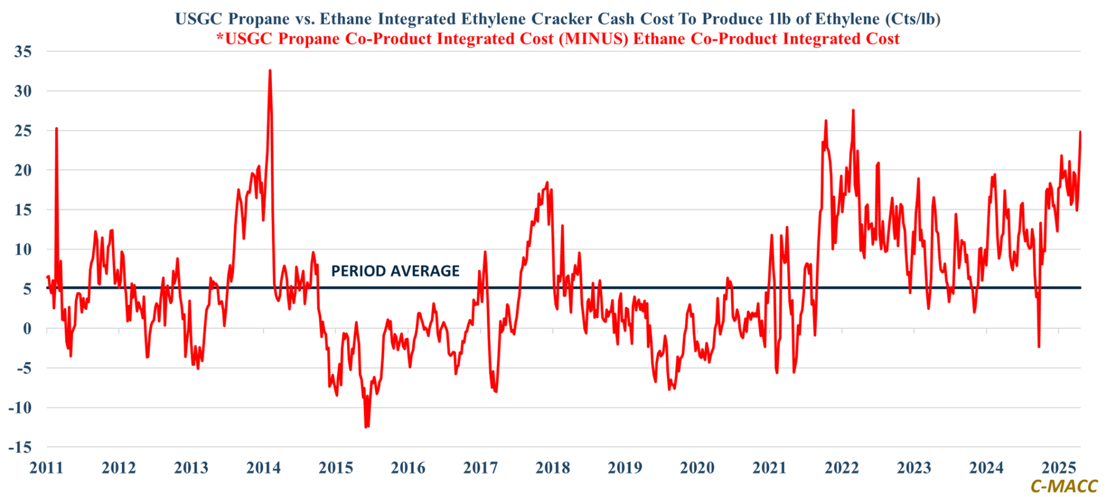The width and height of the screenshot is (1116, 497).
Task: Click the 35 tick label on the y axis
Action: tap(23, 51)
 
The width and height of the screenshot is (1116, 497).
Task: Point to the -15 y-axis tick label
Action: tap(20, 447)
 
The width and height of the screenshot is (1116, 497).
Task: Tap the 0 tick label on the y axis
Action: tap(27, 328)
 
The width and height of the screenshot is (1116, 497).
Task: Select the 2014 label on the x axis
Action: tap(263, 467)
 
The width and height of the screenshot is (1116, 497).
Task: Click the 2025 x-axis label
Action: tap(1059, 467)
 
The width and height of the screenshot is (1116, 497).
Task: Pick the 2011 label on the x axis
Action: tap(46, 467)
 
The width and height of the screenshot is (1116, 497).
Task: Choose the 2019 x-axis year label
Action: tap(625, 467)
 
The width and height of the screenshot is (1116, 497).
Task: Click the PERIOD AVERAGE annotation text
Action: tap(395, 271)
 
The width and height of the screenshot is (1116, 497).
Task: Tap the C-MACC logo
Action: tap(1064, 486)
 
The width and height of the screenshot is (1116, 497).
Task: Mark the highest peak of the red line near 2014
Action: tap(270, 71)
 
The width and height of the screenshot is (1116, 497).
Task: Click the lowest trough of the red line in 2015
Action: tap(366, 427)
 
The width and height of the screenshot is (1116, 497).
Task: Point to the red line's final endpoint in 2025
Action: tap(1080, 132)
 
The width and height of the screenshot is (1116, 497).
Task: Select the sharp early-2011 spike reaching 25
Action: tap(56, 128)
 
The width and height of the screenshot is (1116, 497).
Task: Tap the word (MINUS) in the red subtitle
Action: tap(594, 39)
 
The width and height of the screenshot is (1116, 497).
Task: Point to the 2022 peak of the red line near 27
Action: tap(853, 110)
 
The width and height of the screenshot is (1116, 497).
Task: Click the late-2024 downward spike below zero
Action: tap(1038, 347)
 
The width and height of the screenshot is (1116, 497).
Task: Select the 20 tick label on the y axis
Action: tap(23, 170)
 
